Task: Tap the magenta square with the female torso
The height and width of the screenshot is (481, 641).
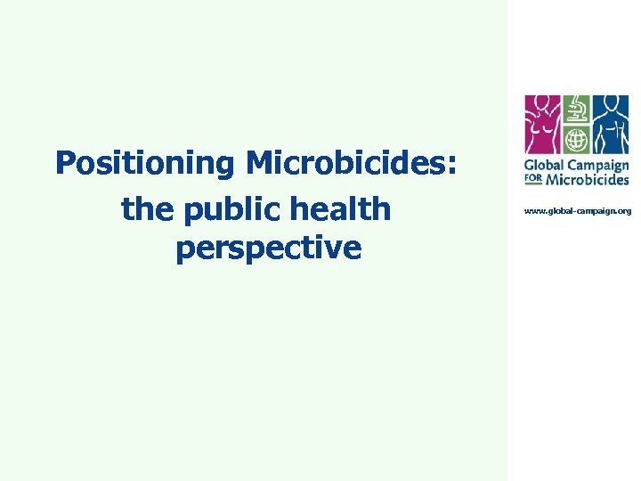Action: click(x=543, y=124)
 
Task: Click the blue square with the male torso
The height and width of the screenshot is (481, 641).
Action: click(x=611, y=124)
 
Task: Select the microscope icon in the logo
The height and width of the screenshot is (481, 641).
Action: click(x=578, y=110)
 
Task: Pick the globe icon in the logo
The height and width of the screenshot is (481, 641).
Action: click(x=578, y=141)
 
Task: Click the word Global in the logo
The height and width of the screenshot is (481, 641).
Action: click(x=543, y=167)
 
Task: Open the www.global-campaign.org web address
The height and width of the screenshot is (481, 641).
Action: click(x=577, y=211)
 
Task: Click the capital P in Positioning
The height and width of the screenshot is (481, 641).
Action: click(x=65, y=164)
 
